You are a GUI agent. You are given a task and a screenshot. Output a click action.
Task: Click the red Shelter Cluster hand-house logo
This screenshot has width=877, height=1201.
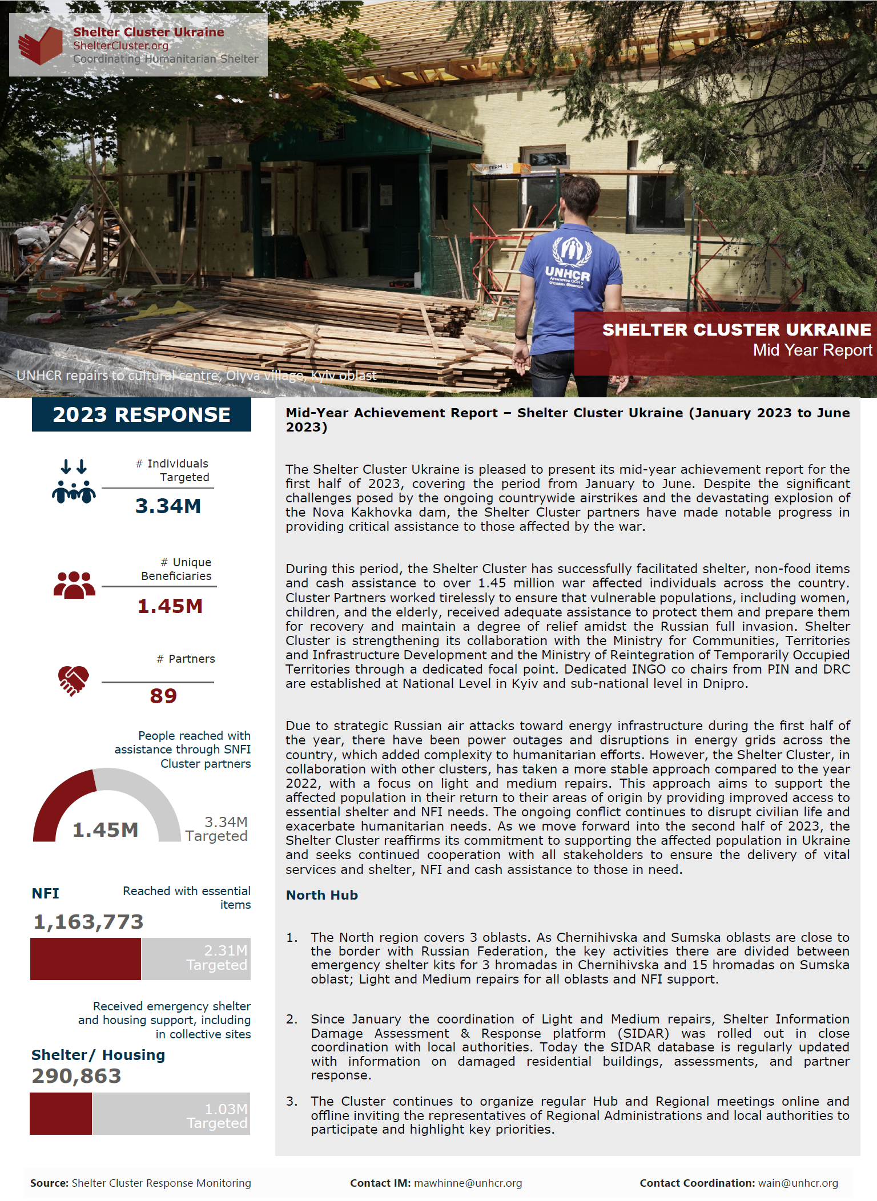(40, 45)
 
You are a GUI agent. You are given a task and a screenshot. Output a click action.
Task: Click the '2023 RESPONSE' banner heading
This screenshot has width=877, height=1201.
(142, 414)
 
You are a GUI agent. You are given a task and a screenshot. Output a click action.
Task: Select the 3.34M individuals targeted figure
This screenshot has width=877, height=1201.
(168, 506)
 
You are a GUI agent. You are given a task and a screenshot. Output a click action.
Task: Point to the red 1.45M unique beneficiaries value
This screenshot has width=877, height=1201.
(170, 606)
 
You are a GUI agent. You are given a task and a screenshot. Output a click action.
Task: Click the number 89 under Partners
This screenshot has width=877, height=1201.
(163, 696)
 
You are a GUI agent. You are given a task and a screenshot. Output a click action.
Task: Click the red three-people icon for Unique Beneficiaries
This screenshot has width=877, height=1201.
(74, 585)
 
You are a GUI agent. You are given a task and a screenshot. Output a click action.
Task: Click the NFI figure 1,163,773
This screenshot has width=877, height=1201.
(88, 922)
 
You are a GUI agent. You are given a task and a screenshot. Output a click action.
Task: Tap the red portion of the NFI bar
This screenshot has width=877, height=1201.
(86, 959)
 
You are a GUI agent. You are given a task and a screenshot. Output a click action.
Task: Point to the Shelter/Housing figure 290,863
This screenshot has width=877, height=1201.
(77, 1076)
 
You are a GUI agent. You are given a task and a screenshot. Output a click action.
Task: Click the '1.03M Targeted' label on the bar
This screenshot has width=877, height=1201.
(218, 1116)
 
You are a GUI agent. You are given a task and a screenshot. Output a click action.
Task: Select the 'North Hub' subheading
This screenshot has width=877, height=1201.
(322, 895)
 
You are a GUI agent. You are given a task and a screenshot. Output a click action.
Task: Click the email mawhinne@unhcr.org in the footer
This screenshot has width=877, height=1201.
(468, 1183)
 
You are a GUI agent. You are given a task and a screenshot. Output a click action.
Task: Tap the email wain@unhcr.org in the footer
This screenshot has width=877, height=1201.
(798, 1183)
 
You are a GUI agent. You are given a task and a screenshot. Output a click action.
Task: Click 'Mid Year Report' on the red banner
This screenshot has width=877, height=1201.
(812, 350)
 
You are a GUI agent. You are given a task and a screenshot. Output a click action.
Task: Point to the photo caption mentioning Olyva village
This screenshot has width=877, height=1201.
(196, 376)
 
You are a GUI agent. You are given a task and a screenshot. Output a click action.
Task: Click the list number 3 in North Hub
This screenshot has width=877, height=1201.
(292, 1101)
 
